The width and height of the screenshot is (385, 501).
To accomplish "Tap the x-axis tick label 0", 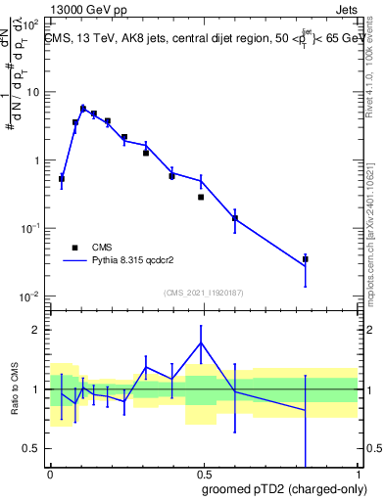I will pos(49,473).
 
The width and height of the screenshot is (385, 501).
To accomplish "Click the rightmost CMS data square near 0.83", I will pos(306,259).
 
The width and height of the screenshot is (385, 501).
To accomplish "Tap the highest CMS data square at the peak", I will pos(83,110).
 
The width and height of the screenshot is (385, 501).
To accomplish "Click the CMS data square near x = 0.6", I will pos(235,218).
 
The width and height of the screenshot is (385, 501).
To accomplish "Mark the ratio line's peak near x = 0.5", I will pos(202,342).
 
